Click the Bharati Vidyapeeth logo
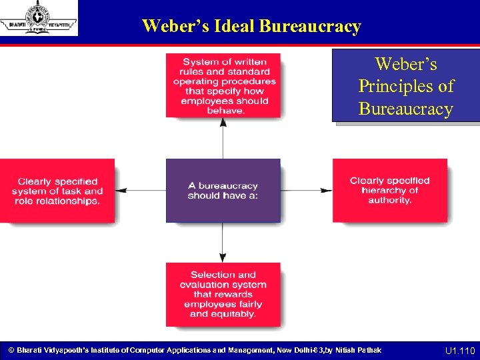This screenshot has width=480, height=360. tap(38, 18)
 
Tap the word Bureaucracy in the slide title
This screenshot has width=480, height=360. tap(310, 26)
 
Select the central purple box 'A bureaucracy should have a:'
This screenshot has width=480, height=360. tap(223, 190)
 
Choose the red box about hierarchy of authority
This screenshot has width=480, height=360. tap(389, 190)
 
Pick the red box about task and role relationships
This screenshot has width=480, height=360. tap(57, 191)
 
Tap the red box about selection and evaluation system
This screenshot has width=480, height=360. tap(223, 294)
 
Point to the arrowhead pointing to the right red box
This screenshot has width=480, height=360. tap(327, 191)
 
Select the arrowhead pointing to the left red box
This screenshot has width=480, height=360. tap(119, 191)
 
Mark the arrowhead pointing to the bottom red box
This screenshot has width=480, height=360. tap(223, 258)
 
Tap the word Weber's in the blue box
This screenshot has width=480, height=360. tap(406, 64)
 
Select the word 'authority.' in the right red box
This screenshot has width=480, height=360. tap(389, 200)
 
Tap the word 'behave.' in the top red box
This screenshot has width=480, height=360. tap(225, 111)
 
